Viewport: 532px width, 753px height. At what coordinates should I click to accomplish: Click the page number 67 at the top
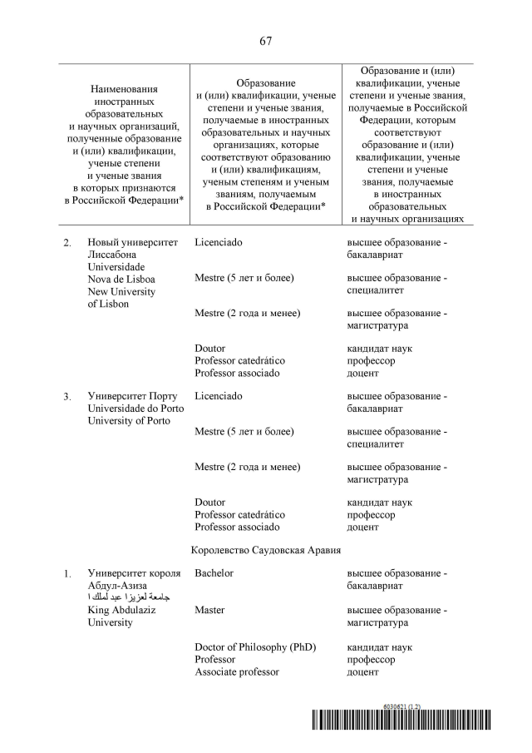point(265,41)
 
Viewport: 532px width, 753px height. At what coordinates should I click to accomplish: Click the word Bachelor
point(214,573)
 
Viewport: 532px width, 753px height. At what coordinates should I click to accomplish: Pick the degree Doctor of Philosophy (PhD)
point(255,647)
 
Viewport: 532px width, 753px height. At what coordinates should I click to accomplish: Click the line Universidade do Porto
point(135,408)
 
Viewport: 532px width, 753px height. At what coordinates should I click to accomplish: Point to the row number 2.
point(67,243)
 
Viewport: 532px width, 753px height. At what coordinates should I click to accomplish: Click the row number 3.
point(67,397)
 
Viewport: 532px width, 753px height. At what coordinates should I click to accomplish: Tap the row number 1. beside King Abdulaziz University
point(67,574)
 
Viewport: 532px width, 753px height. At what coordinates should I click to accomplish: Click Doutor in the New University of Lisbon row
point(209,349)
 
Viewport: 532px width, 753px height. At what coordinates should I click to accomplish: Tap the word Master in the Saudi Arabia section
point(209,610)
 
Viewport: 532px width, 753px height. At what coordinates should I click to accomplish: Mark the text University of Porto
point(129,420)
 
